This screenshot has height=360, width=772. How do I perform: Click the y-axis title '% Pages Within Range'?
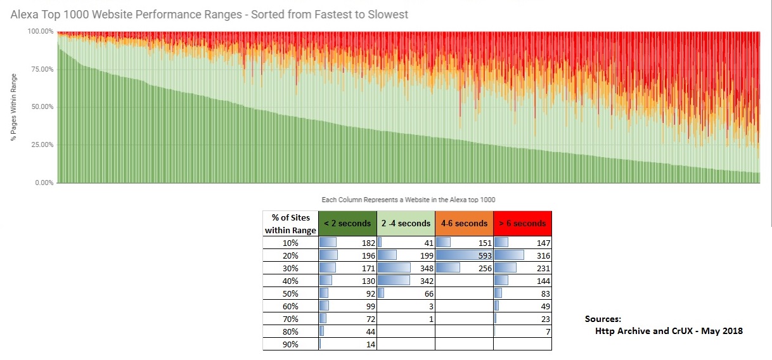(x=14, y=107)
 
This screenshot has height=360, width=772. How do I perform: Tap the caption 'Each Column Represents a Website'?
(x=408, y=200)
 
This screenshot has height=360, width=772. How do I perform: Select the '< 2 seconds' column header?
(x=347, y=223)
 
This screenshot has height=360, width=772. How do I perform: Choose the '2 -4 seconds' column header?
(x=406, y=223)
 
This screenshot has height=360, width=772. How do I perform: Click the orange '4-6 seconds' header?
(x=464, y=223)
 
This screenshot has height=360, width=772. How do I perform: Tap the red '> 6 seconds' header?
(x=522, y=223)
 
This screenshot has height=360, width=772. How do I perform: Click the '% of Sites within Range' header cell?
(x=290, y=224)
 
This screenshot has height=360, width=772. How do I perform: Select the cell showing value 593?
(x=464, y=255)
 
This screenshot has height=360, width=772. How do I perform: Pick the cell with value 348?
(x=406, y=268)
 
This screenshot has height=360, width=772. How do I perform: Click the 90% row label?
(x=290, y=344)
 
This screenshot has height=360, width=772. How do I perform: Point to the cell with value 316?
(x=522, y=255)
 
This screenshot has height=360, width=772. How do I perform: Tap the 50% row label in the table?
(x=290, y=293)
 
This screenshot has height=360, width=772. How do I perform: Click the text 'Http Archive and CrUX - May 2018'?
(x=669, y=331)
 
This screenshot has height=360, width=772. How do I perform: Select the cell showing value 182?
(x=347, y=243)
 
